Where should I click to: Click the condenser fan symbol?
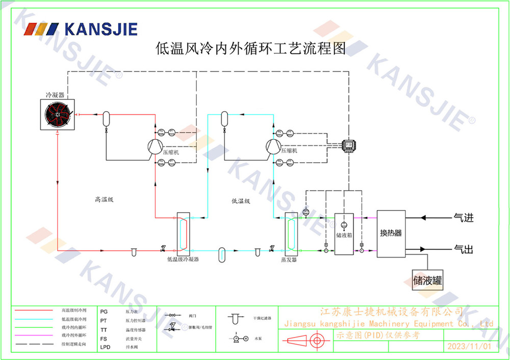click(58, 115)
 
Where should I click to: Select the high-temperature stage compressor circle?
click(154, 147)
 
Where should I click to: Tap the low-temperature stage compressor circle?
click(272, 147)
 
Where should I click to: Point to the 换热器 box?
click(391, 234)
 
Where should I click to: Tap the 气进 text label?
click(464, 218)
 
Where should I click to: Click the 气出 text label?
click(464, 249)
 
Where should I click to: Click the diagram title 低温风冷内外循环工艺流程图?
click(250, 49)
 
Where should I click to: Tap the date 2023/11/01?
click(469, 346)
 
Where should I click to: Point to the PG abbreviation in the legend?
click(104, 311)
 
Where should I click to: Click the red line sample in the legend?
click(33, 310)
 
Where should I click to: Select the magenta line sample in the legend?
click(33, 336)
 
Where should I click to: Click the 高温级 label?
click(104, 200)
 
